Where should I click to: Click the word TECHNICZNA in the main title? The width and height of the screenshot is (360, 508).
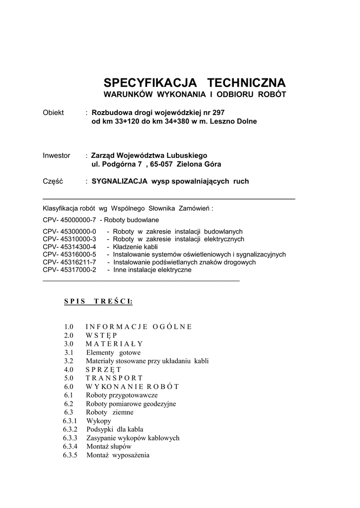(246, 82)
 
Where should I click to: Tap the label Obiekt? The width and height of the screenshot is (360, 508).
(54, 113)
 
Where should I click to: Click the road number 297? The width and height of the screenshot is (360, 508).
(218, 113)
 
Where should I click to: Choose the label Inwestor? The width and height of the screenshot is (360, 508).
(57, 156)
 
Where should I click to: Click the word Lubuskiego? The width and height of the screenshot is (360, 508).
(186, 156)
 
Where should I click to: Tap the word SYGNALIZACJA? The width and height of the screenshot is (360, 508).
(120, 182)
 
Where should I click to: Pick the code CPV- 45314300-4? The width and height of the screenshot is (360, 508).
(69, 247)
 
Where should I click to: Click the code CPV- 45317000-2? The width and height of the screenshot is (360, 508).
(69, 270)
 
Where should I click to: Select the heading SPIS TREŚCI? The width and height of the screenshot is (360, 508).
(98, 301)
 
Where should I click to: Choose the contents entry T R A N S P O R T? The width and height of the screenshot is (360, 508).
(114, 378)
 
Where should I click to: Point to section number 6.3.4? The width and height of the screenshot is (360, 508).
(70, 446)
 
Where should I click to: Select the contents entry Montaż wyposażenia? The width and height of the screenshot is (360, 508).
(118, 455)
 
